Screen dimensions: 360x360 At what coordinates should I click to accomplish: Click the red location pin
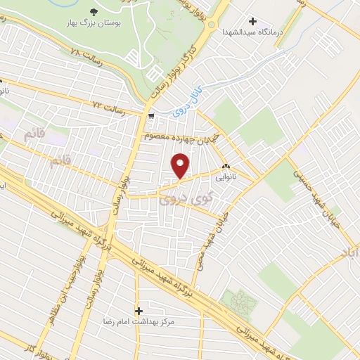pos(180,166)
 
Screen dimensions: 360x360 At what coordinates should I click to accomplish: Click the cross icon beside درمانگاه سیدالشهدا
pos(252,22)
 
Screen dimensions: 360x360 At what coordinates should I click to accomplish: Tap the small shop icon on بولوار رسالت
pos(151,112)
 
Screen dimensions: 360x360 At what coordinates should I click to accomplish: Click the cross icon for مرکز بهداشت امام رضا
pos(139,310)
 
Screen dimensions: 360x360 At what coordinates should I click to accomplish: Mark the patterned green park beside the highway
pos(238,302)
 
